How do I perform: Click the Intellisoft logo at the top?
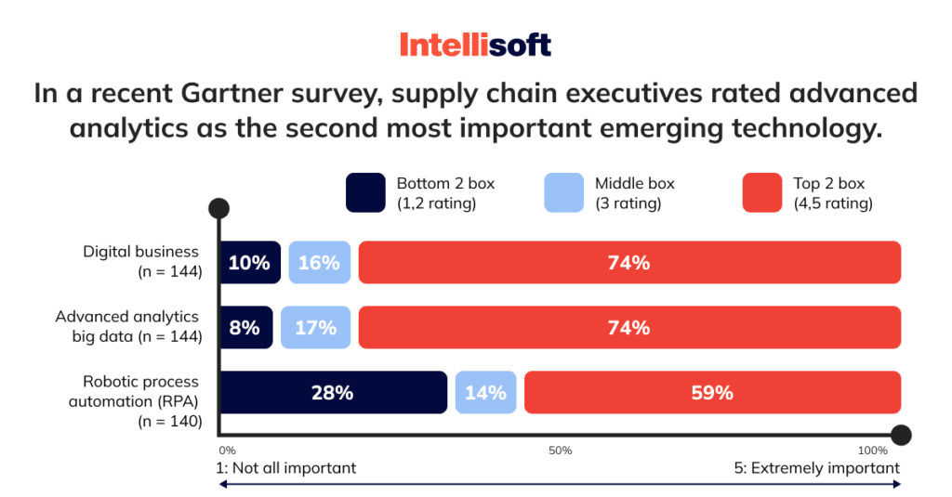coord(475,44)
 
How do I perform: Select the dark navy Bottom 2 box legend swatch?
coord(364,192)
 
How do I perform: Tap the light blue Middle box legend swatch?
coord(563,192)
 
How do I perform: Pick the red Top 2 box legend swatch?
coord(761,192)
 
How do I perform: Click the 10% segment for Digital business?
coord(249,263)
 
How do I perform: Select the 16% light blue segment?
coord(319,263)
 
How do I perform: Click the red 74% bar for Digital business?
coord(629,263)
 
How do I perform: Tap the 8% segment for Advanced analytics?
coord(245,328)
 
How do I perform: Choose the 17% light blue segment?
coord(315,328)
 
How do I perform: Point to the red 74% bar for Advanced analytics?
coord(629,328)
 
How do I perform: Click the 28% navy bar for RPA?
coord(332,393)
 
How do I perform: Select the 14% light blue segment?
coord(485,393)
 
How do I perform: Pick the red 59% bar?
coord(712,393)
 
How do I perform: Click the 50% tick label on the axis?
coord(560,451)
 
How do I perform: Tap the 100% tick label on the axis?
coord(873,451)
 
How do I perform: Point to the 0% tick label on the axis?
coord(227,451)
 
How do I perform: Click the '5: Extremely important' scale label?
coord(816,468)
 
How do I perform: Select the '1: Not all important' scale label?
coord(285,468)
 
